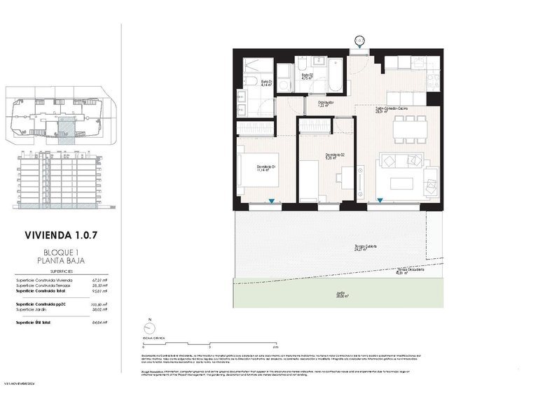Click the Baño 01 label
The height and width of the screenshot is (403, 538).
click(266, 83)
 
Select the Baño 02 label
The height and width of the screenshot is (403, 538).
click(305, 77)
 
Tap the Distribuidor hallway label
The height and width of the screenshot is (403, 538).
click(325, 104)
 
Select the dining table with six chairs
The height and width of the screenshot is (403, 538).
click(411, 128)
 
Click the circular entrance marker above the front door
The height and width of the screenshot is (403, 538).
click(360, 40)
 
